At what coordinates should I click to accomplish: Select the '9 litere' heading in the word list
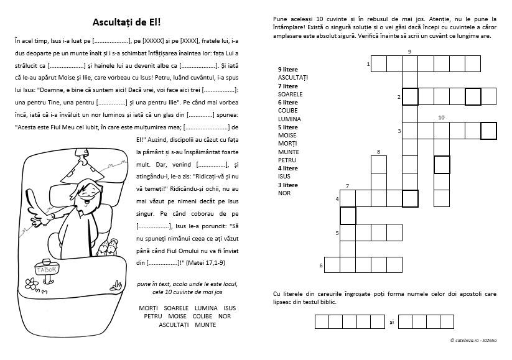(287, 69)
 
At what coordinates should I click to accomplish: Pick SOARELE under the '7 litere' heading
(290, 94)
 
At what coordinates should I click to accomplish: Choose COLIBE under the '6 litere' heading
(288, 111)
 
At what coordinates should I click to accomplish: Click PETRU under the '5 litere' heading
(287, 160)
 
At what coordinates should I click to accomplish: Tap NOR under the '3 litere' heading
(284, 193)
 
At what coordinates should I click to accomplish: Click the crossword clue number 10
(441, 117)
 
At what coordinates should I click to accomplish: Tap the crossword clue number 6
(321, 266)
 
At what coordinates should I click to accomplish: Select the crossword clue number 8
(378, 152)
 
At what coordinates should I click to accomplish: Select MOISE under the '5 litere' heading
(287, 136)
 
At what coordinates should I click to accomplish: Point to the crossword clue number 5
(337, 233)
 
